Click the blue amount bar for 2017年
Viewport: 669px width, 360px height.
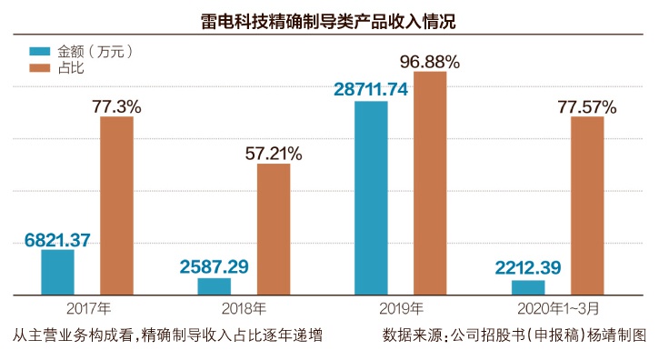pyautogui.click(x=58, y=272)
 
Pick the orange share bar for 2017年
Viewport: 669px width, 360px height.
pyautogui.click(x=116, y=205)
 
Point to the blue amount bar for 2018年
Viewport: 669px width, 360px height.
pyautogui.click(x=215, y=286)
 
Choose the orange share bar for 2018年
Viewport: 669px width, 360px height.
pyautogui.click(x=274, y=229)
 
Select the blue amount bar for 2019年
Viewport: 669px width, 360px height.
pyautogui.click(x=371, y=198)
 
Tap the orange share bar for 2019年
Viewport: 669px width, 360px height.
pyautogui.click(x=430, y=184)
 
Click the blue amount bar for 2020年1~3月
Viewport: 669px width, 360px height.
pyautogui.click(x=528, y=287)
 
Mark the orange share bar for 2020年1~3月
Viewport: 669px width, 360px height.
pyautogui.click(x=587, y=205)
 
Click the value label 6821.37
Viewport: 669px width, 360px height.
pyautogui.click(x=57, y=240)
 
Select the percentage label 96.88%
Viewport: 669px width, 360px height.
pyautogui.click(x=430, y=62)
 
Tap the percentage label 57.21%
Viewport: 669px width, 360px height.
pyautogui.click(x=274, y=153)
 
